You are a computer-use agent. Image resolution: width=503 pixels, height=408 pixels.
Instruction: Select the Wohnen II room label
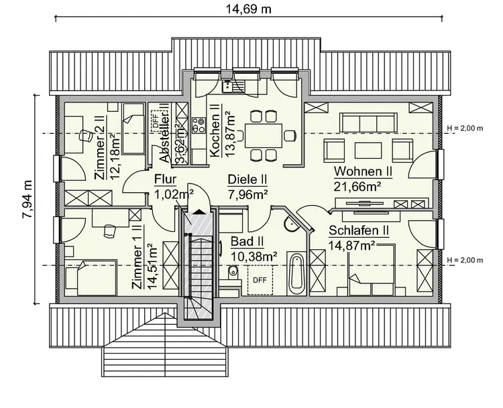tap(363, 172)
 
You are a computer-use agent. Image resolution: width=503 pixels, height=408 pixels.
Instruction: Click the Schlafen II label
tap(359, 231)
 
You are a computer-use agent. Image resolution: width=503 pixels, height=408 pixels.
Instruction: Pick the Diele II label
tap(247, 180)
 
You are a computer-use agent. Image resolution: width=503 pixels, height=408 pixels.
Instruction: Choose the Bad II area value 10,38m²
tap(254, 255)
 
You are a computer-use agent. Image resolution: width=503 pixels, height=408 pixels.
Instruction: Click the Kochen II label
tap(215, 131)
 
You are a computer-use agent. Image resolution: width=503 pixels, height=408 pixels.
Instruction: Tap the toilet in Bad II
tap(232, 271)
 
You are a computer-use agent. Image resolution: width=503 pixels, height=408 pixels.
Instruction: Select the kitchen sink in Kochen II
tap(231, 85)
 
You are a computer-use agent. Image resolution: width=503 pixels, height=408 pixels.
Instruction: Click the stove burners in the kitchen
tap(199, 125)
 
